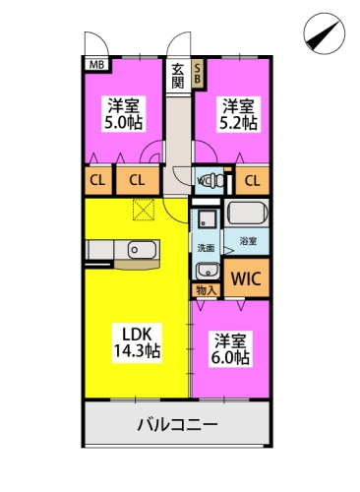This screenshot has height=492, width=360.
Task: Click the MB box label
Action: pyautogui.click(x=97, y=66)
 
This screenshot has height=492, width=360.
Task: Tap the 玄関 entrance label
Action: pyautogui.click(x=177, y=76)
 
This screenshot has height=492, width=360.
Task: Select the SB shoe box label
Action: pyautogui.click(x=197, y=72)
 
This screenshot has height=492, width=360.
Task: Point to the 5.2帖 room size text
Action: pyautogui.click(x=238, y=124)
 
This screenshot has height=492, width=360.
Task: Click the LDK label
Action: pyautogui.click(x=136, y=332)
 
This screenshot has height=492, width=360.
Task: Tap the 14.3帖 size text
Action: pyautogui.click(x=136, y=350)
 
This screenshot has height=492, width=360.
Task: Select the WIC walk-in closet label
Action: pyautogui.click(x=246, y=278)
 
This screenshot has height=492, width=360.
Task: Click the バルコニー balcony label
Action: pyautogui.click(x=177, y=426)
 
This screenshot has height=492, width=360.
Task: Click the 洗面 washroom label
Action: pyautogui.click(x=205, y=247)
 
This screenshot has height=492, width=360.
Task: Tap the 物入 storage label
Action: pyautogui.click(x=206, y=290)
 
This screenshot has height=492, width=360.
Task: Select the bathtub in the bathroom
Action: pyautogui.click(x=247, y=215)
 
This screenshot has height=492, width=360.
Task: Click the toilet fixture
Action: pyautogui.click(x=207, y=180)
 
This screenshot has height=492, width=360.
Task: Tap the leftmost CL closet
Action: pyautogui.click(x=97, y=180)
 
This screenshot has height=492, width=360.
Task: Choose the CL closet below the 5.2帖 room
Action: pyautogui.click(x=252, y=180)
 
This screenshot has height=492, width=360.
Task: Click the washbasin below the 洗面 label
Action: pyautogui.click(x=206, y=270)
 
